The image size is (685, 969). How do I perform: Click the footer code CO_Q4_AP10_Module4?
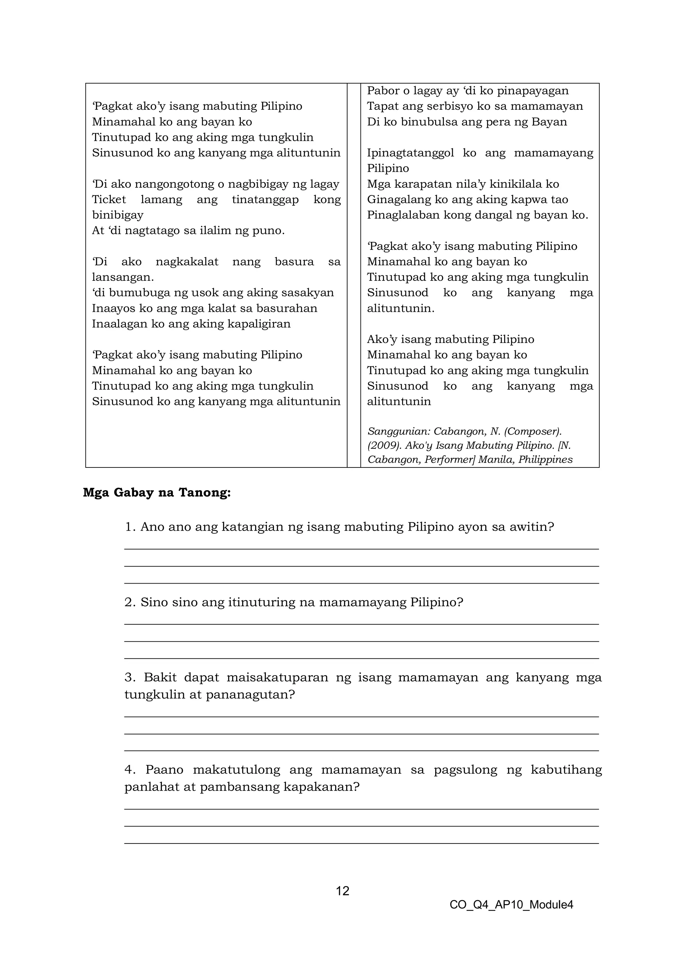(x=511, y=904)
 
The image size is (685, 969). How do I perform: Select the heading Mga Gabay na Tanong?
(x=157, y=493)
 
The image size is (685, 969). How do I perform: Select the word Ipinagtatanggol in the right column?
(x=410, y=153)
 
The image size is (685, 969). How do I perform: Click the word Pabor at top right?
(x=383, y=91)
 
